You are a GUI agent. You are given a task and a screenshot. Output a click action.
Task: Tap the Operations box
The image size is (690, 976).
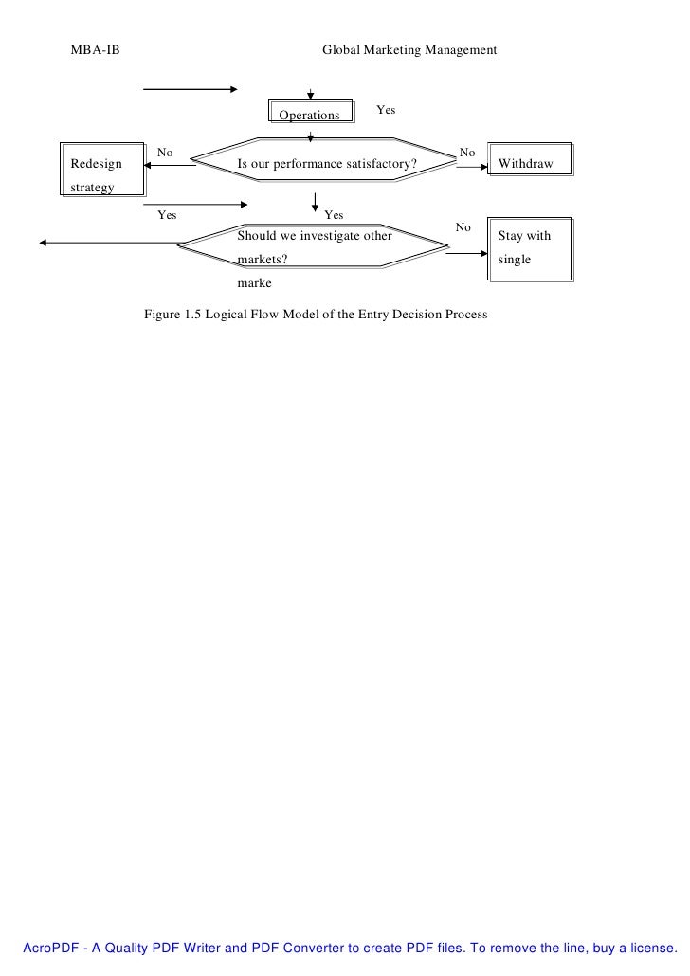tap(309, 114)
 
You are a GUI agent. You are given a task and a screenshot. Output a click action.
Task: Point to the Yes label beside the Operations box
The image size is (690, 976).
tap(386, 110)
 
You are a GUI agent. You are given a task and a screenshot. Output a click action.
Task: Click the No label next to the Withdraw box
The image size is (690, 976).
tap(467, 152)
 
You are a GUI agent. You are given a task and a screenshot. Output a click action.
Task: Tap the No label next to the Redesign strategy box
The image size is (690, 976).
tap(165, 152)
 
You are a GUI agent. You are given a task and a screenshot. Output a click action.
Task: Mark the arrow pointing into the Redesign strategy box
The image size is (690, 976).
tap(171, 165)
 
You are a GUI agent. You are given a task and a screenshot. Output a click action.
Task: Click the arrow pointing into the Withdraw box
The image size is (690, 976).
tap(470, 165)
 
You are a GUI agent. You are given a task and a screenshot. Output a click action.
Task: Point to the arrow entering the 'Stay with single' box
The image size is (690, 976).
tap(465, 253)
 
